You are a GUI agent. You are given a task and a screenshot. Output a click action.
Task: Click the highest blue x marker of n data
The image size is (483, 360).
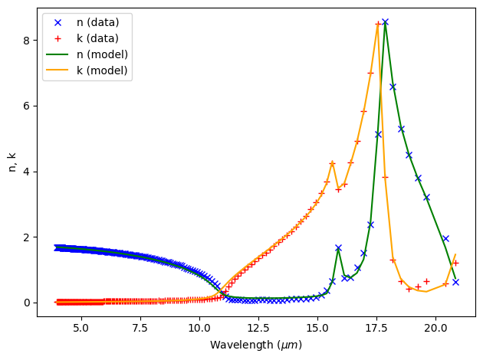tap(385, 22)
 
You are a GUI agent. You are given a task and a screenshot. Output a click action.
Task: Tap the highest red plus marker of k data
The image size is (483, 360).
tap(378, 24)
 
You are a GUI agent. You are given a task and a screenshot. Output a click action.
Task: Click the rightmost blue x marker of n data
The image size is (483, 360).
tap(455, 282)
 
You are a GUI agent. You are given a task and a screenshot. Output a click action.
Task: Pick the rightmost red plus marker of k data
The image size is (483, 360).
tap(455, 263)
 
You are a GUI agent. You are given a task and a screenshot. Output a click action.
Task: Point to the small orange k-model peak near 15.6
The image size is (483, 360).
tap(332, 162)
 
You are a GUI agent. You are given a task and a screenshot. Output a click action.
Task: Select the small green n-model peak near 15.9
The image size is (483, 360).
tap(338, 248)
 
